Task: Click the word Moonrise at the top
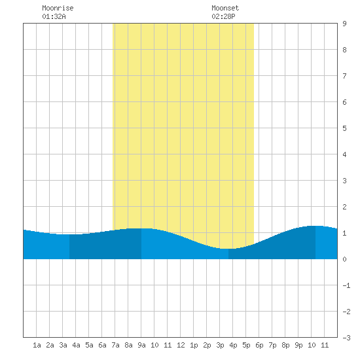(x=58, y=8)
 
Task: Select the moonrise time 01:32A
(x=54, y=16)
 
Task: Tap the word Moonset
(x=225, y=8)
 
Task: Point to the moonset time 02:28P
(x=223, y=16)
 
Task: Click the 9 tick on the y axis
(x=344, y=24)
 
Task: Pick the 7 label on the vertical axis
(x=344, y=76)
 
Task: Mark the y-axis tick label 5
(x=344, y=128)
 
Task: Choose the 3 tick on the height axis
(x=344, y=181)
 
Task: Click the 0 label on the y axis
(x=344, y=259)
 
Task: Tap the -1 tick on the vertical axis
(x=346, y=285)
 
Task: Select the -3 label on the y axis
(x=346, y=338)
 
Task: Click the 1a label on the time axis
(x=37, y=345)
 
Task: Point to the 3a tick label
(x=63, y=345)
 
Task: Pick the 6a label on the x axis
(x=102, y=345)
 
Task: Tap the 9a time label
(x=141, y=345)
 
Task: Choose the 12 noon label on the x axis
(x=181, y=345)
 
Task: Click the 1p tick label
(x=194, y=345)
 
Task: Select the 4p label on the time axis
(x=233, y=345)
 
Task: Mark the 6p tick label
(x=259, y=345)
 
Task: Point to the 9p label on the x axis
(x=298, y=345)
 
